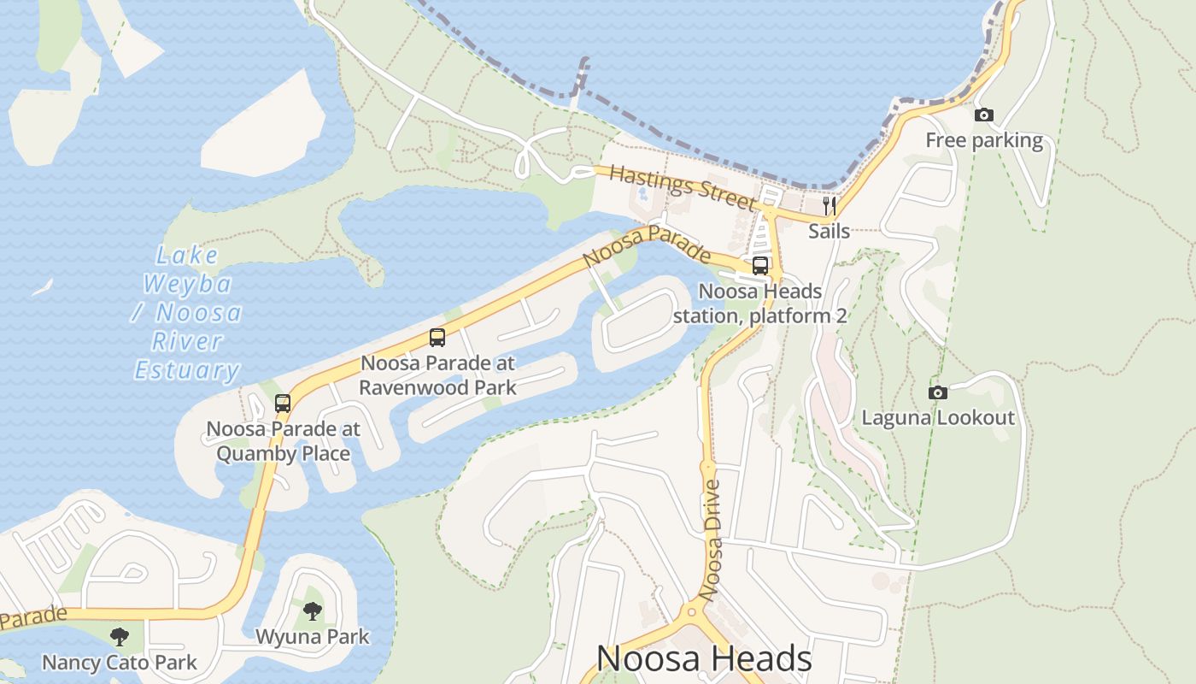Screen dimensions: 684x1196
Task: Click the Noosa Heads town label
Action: [703, 658]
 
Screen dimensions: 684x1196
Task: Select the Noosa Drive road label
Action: [712, 540]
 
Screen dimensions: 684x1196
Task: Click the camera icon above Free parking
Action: [984, 115]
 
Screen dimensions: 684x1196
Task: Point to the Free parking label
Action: [984, 140]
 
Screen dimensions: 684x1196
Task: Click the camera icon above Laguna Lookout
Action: [938, 392]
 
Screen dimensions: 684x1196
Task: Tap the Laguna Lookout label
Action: [938, 418]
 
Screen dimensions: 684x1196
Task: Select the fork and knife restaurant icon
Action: [829, 205]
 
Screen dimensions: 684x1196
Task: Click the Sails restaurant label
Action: [829, 231]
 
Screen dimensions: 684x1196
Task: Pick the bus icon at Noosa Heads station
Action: [760, 266]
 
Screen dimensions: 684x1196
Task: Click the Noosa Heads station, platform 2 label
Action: [760, 304]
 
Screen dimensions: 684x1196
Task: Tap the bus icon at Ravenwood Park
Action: [437, 338]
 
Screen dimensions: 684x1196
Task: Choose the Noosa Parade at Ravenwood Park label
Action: [437, 375]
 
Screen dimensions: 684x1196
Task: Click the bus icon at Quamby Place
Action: [283, 404]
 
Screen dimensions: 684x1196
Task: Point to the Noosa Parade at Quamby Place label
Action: [283, 441]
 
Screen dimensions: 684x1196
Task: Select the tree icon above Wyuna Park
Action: [313, 611]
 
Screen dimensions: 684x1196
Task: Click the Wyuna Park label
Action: [313, 637]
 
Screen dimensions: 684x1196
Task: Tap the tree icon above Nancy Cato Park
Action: [120, 636]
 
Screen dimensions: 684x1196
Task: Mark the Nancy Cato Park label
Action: [120, 663]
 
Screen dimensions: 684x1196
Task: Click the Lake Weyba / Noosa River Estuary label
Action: [187, 313]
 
